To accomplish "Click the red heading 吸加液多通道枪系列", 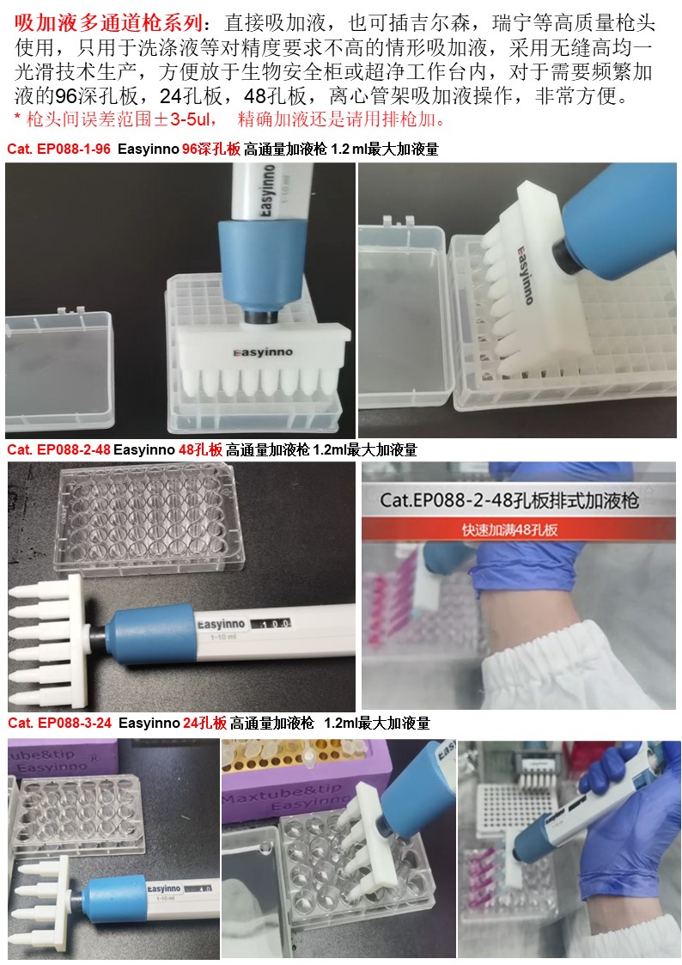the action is (x=108, y=22).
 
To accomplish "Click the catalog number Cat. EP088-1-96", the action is (x=59, y=149).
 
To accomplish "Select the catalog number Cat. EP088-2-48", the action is (x=59, y=450).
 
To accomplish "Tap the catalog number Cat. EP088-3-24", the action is (x=59, y=724).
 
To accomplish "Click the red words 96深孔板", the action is (x=211, y=149).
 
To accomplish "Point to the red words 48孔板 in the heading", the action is (x=200, y=450).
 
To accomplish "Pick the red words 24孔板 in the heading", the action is (x=204, y=724).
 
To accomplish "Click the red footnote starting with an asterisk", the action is (x=229, y=119).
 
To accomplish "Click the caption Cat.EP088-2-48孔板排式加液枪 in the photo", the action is (x=509, y=500).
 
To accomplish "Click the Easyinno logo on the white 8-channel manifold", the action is (x=263, y=352).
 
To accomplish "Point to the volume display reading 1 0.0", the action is (x=271, y=624).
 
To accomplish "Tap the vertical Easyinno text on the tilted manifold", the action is (x=525, y=275).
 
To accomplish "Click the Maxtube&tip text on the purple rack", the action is (x=283, y=795).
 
